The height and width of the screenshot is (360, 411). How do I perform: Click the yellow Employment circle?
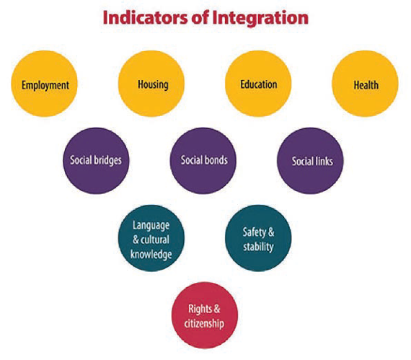click(x=44, y=84)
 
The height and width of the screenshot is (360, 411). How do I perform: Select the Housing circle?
click(x=151, y=84)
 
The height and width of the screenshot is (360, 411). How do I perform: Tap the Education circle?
click(x=258, y=84)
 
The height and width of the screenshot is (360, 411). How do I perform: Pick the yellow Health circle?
click(x=365, y=84)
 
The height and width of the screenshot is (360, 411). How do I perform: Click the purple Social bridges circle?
click(x=96, y=161)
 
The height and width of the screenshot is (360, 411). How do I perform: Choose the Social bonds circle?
click(x=203, y=161)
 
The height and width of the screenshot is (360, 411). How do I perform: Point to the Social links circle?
click(x=310, y=161)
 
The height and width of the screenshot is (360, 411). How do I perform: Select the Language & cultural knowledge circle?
click(x=151, y=238)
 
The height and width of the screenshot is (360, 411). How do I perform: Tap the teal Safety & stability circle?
click(x=258, y=238)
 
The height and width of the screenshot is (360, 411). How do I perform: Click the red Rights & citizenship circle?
click(x=205, y=315)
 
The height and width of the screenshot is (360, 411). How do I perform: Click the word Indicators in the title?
click(x=146, y=17)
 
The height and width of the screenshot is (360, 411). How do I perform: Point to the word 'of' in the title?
click(x=200, y=17)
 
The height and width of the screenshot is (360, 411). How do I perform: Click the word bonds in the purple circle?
click(x=216, y=160)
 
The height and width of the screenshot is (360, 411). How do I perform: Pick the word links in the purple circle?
click(x=324, y=162)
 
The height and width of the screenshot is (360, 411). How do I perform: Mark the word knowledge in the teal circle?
click(x=151, y=255)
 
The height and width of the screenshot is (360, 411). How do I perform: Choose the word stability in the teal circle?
click(x=258, y=247)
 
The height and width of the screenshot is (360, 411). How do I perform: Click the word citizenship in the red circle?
click(x=204, y=324)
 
